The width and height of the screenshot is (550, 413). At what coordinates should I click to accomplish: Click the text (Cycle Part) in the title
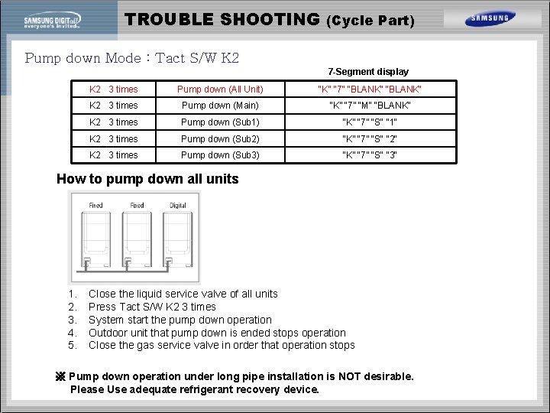pyautogui.click(x=370, y=21)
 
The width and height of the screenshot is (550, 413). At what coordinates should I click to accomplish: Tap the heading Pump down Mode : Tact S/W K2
pyautogui.click(x=132, y=58)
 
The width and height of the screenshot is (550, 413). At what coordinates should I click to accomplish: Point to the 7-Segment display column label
pyautogui.click(x=368, y=72)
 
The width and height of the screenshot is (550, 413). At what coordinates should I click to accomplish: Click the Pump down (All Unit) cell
pyautogui.click(x=220, y=89)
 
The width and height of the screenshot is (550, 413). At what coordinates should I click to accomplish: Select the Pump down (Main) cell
pyautogui.click(x=220, y=106)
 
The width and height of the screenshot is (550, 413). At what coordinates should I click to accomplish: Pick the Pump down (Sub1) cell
pyautogui.click(x=220, y=122)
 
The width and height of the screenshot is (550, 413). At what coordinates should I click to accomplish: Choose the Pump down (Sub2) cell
pyautogui.click(x=220, y=139)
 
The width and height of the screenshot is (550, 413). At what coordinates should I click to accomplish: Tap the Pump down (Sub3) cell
pyautogui.click(x=220, y=155)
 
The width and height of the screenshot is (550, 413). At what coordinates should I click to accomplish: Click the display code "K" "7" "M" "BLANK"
pyautogui.click(x=370, y=106)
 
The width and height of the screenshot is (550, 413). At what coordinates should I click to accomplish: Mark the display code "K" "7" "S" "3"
pyautogui.click(x=370, y=155)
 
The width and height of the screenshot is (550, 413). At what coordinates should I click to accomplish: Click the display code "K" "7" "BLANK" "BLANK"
pyautogui.click(x=370, y=89)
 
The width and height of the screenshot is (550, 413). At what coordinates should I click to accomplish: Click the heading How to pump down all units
pyautogui.click(x=147, y=180)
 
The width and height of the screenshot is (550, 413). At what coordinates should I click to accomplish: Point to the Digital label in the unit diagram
pyautogui.click(x=177, y=205)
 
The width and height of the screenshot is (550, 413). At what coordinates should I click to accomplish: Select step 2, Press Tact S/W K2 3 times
pyautogui.click(x=152, y=307)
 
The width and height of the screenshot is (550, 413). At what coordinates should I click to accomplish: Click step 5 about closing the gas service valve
pyautogui.click(x=222, y=345)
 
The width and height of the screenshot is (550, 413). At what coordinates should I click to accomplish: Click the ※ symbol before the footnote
pyautogui.click(x=62, y=376)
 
